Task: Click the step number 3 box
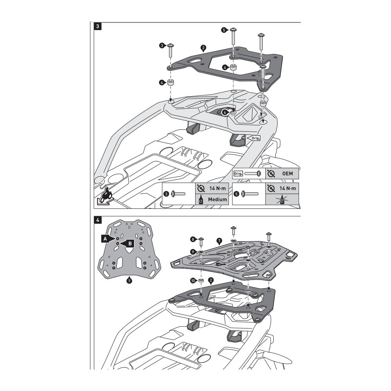(x=97, y=27)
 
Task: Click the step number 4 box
(x=97, y=220)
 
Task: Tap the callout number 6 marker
(x=224, y=111)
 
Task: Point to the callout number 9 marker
(x=193, y=251)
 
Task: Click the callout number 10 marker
(x=193, y=281)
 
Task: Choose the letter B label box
(x=131, y=243)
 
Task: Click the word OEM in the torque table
(x=288, y=173)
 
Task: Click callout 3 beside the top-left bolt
(x=162, y=46)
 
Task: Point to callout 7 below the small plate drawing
(x=129, y=280)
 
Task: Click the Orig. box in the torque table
(x=238, y=173)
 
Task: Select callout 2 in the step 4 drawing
(x=211, y=280)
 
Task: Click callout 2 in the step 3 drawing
(x=203, y=49)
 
